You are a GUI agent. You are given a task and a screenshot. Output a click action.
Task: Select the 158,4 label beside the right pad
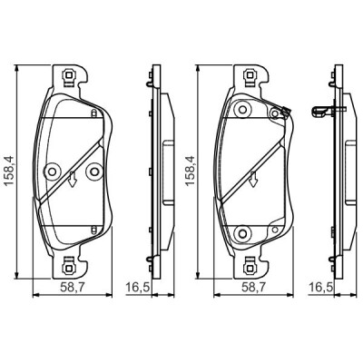(191, 172)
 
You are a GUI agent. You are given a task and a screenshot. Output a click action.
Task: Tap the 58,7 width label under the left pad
(73, 288)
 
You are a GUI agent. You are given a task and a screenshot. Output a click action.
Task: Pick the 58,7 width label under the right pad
(252, 288)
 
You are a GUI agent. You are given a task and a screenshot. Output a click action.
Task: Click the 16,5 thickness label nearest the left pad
(138, 288)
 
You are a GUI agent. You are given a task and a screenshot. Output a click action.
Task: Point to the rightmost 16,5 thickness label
(320, 288)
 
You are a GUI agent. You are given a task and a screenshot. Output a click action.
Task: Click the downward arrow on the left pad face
(72, 179)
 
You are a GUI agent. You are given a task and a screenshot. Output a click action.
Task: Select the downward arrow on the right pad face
(253, 179)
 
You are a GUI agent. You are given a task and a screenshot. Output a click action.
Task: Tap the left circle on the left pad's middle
(52, 172)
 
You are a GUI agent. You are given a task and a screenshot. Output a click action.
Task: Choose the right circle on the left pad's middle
(93, 172)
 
